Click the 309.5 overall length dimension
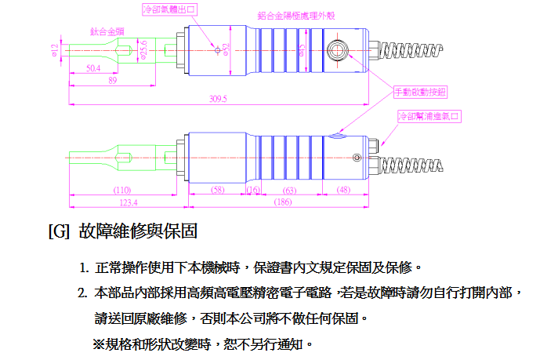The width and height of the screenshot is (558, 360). [218, 98]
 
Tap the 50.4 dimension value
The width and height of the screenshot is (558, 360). [92, 68]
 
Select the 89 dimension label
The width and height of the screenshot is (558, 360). [113, 80]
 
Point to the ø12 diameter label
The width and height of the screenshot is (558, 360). [54, 49]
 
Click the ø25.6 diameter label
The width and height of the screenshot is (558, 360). [143, 50]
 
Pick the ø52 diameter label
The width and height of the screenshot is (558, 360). [226, 49]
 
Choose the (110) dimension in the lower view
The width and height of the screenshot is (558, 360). [122, 190]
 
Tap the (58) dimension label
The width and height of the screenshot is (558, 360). [218, 190]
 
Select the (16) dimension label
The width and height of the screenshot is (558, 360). [253, 190]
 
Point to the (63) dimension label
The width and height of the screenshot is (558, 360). [289, 190]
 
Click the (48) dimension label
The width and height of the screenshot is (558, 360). [343, 190]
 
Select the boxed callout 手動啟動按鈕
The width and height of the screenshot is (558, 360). [420, 92]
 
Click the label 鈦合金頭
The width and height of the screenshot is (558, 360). [104, 31]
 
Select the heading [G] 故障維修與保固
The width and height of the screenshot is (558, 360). [121, 231]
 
